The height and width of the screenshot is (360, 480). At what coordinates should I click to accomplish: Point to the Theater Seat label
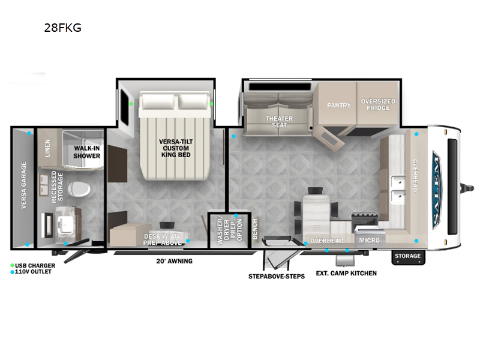coord(279,122)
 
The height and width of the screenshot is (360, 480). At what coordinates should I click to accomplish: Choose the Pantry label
coord(338,105)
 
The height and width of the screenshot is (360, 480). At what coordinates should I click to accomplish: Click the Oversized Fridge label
coord(378,104)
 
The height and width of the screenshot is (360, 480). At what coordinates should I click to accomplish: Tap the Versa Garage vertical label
coord(24,185)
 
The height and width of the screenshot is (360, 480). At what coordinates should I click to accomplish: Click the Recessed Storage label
coord(57,188)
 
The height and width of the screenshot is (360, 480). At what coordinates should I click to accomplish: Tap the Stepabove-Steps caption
coord(277,276)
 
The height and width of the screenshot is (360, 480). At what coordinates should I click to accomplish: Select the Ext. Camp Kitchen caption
coord(347,273)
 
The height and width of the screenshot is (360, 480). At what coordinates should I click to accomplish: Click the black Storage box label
coord(408,256)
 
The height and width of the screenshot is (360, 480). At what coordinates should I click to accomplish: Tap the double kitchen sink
coord(397,188)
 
